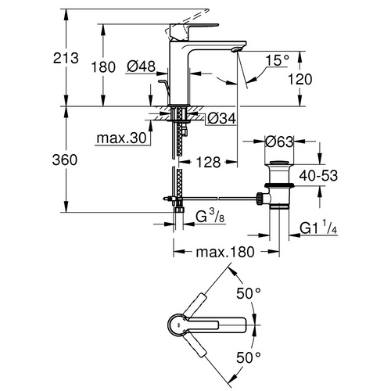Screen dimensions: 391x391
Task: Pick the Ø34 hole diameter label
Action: point(222,119)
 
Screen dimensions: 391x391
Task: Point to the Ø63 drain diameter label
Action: point(280,143)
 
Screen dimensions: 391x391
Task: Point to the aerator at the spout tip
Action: point(235,52)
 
